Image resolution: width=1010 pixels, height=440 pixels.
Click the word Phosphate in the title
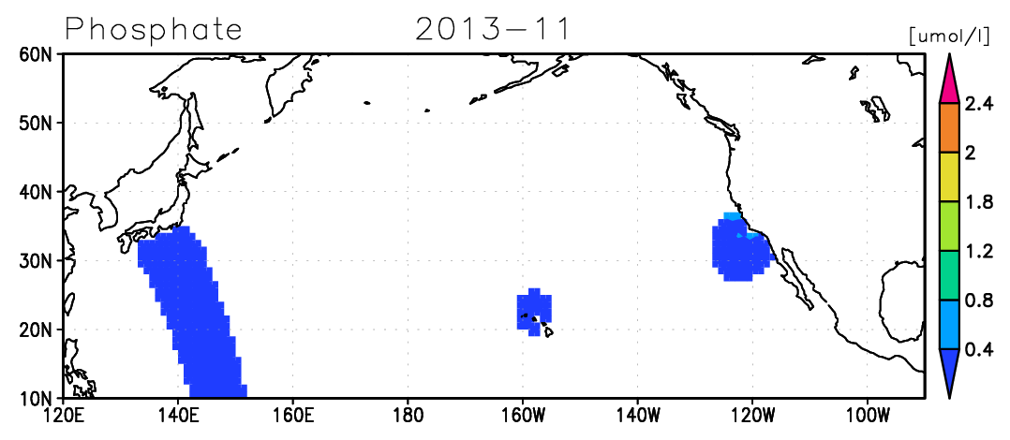coord(154,29)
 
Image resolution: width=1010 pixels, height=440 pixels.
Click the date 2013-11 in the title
coord(493,29)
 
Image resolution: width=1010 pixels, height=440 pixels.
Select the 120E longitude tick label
coord(63,415)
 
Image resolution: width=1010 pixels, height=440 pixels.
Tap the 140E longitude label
coord(178,415)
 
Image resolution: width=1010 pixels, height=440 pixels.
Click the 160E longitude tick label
coord(292,415)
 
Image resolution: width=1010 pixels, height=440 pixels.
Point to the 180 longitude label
coord(408,415)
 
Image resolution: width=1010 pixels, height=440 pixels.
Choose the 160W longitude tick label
coord(523,415)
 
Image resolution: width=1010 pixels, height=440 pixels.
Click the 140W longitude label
coord(638,415)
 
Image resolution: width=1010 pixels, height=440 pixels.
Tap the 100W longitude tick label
coord(868,415)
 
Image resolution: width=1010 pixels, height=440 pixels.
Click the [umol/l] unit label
coord(949,37)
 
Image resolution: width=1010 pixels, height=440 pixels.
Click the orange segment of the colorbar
coord(949,128)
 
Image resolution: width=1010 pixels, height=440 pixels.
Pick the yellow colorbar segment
coord(949,177)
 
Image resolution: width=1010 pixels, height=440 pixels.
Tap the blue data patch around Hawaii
coord(535,312)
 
